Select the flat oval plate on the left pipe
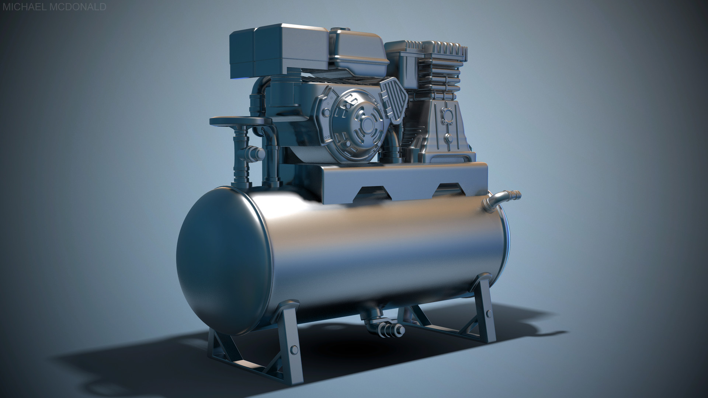[240, 121]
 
